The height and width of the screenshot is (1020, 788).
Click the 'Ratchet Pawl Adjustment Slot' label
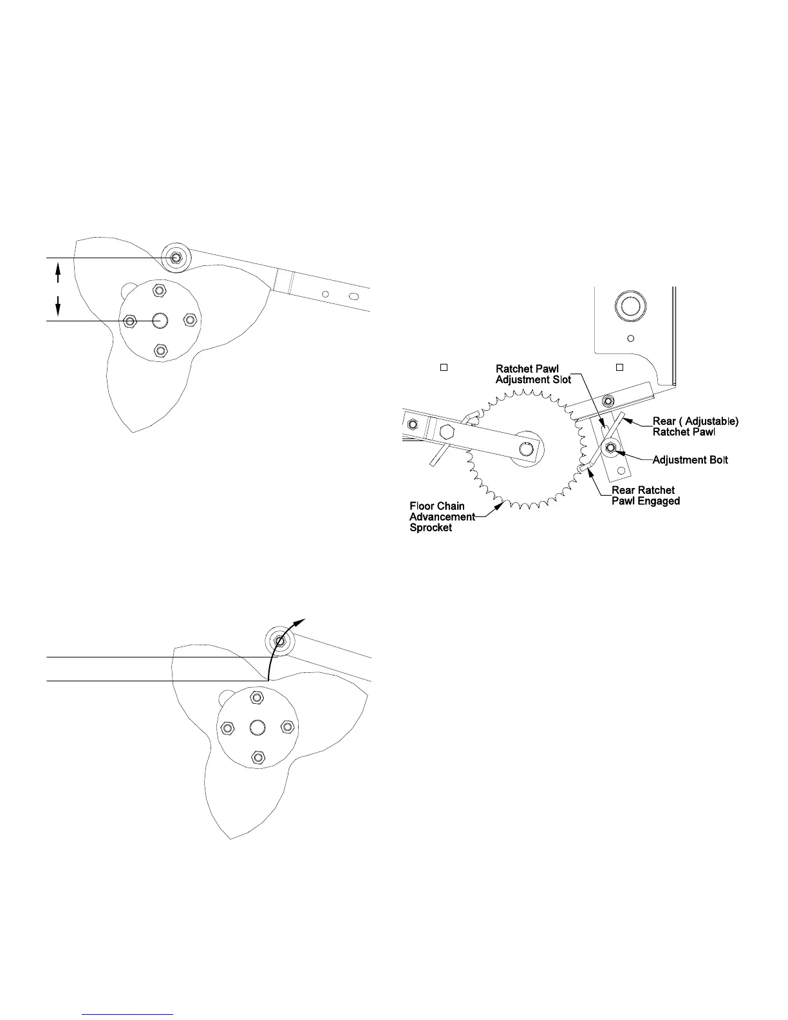(533, 374)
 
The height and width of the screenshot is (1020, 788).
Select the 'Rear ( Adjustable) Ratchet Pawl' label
(695, 426)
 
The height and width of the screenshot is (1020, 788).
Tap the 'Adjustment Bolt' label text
(690, 460)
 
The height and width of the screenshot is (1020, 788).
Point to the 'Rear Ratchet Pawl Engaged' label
(645, 495)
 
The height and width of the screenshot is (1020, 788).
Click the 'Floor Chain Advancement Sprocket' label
(442, 516)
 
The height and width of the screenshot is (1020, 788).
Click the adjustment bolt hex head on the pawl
(610, 448)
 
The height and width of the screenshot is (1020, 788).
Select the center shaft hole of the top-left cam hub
(159, 320)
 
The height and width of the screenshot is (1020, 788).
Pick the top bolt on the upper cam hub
(158, 290)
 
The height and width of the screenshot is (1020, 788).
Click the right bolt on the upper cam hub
(190, 320)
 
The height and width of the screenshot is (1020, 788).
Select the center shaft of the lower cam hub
(258, 727)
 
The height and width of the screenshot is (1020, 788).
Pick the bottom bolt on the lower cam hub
(258, 757)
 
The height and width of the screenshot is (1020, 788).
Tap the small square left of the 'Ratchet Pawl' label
(443, 368)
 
